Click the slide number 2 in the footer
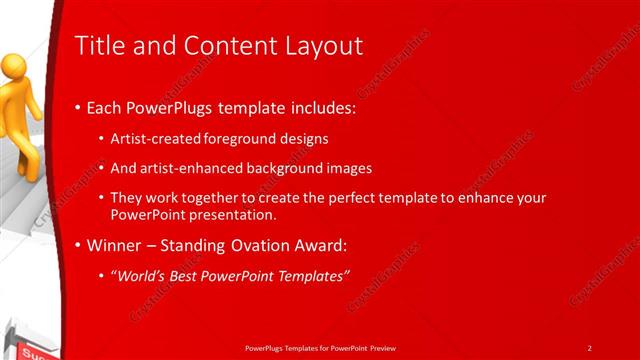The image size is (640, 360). [x=589, y=347]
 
